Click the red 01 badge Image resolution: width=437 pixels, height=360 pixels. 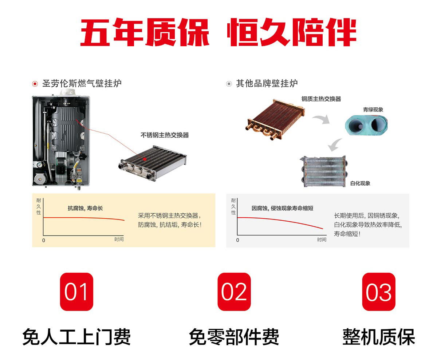click(76, 292)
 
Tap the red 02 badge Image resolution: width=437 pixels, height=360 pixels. click(234, 292)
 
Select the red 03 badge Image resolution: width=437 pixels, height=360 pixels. click(379, 292)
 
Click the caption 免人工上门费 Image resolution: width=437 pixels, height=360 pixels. click(76, 337)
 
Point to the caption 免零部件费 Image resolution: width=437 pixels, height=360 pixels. click(234, 337)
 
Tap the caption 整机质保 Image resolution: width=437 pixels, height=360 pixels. click(379, 337)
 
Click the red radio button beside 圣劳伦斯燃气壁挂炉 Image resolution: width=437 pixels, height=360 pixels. click(35, 84)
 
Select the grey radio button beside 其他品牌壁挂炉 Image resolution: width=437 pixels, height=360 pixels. click(229, 84)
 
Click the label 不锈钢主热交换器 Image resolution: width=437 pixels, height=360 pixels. click(165, 135)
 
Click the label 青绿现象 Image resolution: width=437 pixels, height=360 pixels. click(373, 109)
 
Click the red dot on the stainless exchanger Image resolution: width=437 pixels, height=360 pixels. click(145, 159)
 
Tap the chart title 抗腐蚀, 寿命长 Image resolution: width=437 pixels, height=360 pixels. click(85, 208)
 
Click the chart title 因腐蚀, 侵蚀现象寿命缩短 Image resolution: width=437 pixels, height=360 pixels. click(282, 208)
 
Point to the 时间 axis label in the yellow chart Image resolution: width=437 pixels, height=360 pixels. click(119, 239)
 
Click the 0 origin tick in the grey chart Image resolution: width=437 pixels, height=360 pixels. click(238, 240)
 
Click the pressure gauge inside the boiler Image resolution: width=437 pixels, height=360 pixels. click(39, 165)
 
